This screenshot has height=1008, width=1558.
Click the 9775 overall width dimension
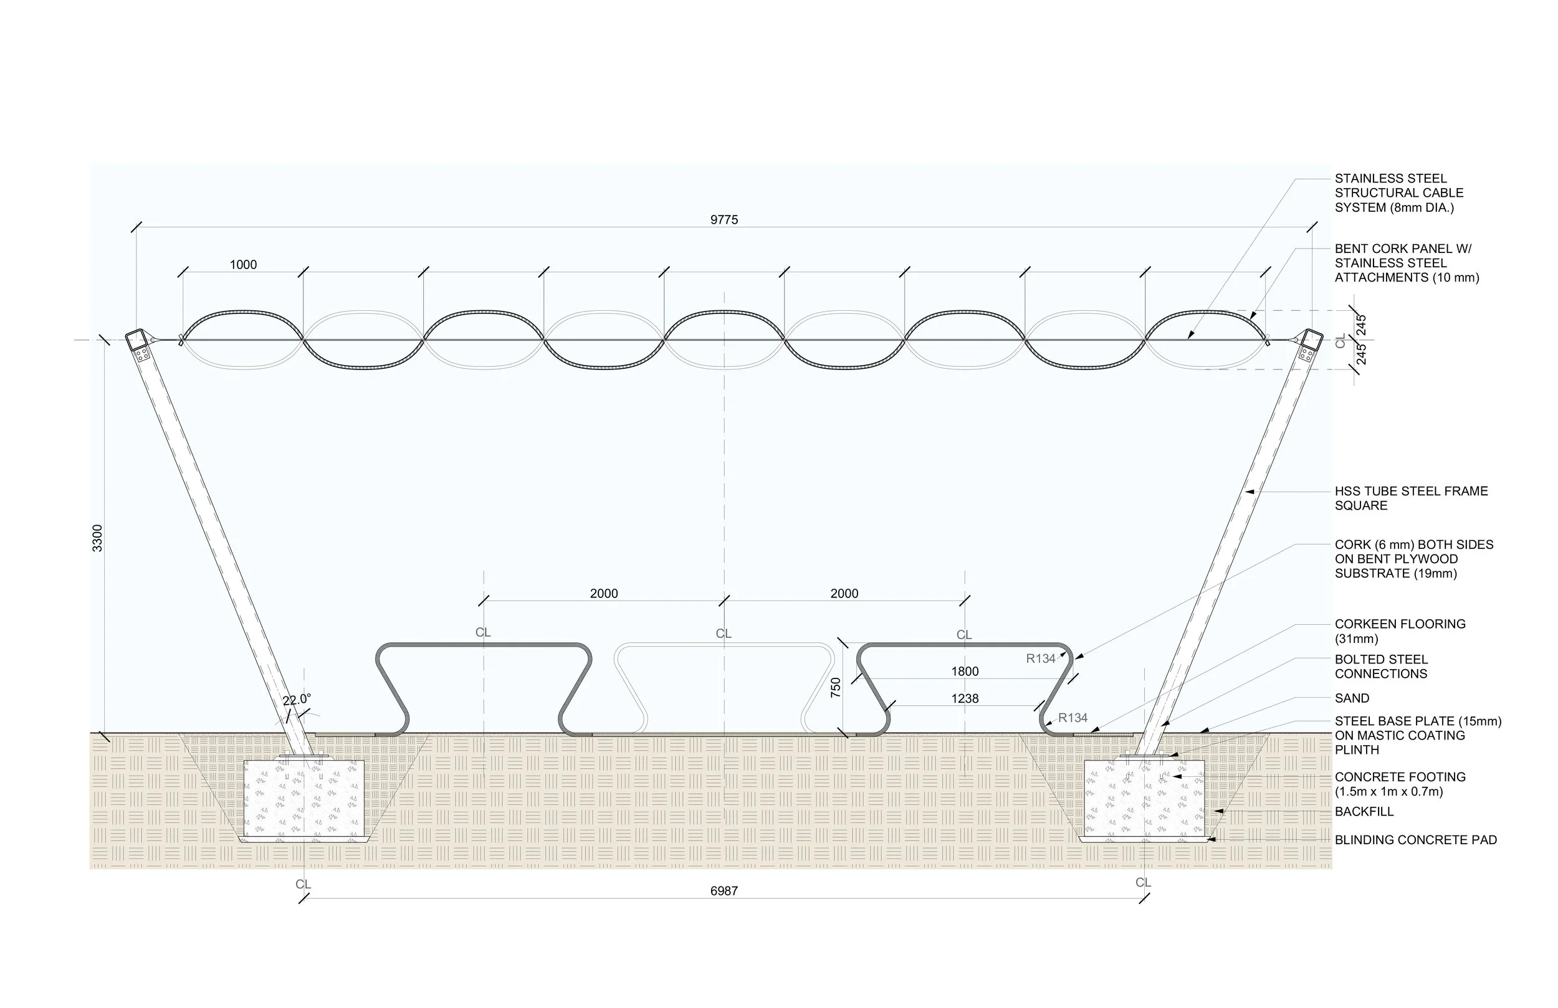coord(724,220)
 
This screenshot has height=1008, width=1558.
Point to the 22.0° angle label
coord(297,700)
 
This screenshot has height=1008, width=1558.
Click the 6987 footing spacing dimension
coord(724,891)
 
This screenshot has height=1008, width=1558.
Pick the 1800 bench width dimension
coord(964,672)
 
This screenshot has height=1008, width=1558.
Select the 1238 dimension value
coord(964,699)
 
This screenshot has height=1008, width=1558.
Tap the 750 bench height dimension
coord(836,687)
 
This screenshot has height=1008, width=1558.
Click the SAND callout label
coord(1352,698)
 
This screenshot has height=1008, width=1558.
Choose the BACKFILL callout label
coord(1364,812)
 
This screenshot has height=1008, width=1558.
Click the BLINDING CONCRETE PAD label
coord(1415,840)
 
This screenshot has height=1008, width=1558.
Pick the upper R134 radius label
coord(1040,659)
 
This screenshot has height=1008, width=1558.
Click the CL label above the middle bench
coord(723,634)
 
